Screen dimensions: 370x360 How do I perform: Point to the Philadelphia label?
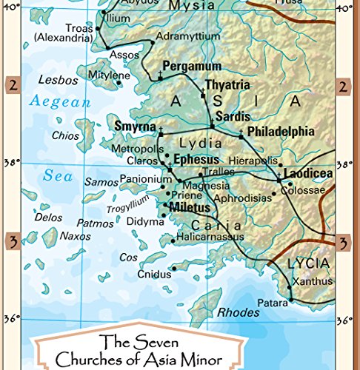click(280, 132)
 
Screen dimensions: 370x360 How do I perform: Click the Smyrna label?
click(134, 127)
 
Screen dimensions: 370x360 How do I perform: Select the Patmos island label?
click(95, 222)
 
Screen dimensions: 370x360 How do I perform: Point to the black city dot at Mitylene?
click(119, 83)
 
